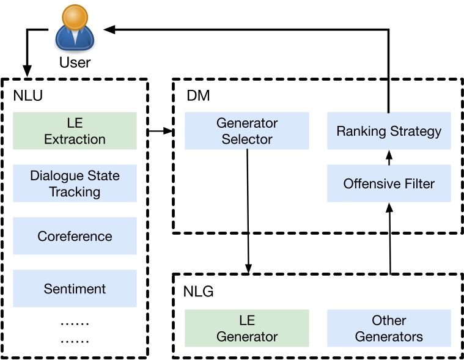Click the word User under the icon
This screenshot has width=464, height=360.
pyautogui.click(x=75, y=62)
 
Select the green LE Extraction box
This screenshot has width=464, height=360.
pyautogui.click(x=75, y=131)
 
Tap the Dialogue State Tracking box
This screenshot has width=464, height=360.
pyautogui.click(x=75, y=183)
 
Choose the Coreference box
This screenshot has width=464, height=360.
pyautogui.click(x=75, y=236)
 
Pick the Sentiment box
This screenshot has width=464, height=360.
pyautogui.click(x=75, y=288)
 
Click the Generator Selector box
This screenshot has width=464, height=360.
pyautogui.click(x=247, y=131)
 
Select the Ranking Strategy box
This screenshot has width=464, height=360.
pyautogui.click(x=389, y=131)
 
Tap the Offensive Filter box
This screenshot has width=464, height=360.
pyautogui.click(x=389, y=183)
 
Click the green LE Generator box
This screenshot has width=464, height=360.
pyautogui.click(x=247, y=328)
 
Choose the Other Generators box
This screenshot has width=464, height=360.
pyautogui.click(x=389, y=328)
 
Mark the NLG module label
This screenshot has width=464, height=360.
pyautogui.click(x=198, y=292)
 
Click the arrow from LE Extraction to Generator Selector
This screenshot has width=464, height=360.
pyautogui.click(x=160, y=131)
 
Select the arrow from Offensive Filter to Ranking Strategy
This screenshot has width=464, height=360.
pyautogui.click(x=389, y=158)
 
